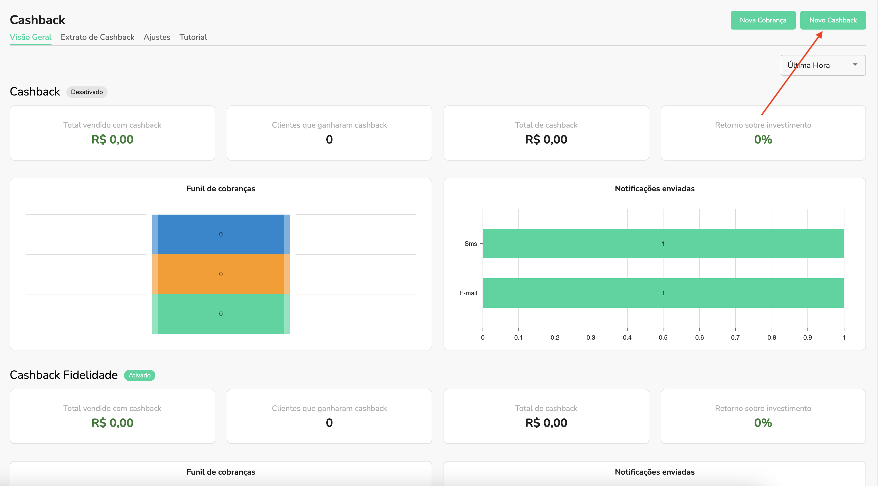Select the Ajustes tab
157,37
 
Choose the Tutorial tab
193,37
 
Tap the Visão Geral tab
30,37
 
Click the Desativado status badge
86,92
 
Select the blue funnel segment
220,234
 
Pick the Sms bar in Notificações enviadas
663,243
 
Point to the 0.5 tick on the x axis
663,337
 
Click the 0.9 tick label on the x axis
807,337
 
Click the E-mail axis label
468,293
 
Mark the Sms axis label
470,244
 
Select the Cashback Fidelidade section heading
64,375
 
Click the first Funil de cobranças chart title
220,189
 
